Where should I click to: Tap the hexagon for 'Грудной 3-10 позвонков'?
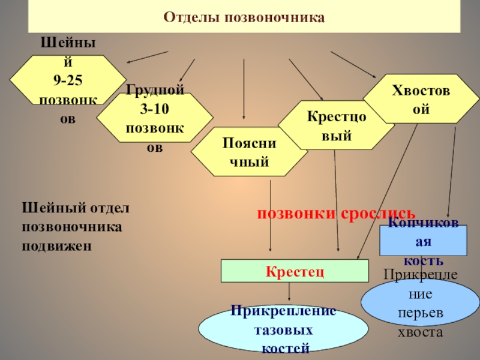(155, 118)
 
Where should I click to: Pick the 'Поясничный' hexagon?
(249, 152)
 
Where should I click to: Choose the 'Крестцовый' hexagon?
(337, 125)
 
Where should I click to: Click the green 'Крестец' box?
(295, 271)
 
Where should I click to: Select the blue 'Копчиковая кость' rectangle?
(424, 241)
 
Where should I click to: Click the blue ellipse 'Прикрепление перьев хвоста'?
(420, 303)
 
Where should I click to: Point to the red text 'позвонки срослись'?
(336, 214)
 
